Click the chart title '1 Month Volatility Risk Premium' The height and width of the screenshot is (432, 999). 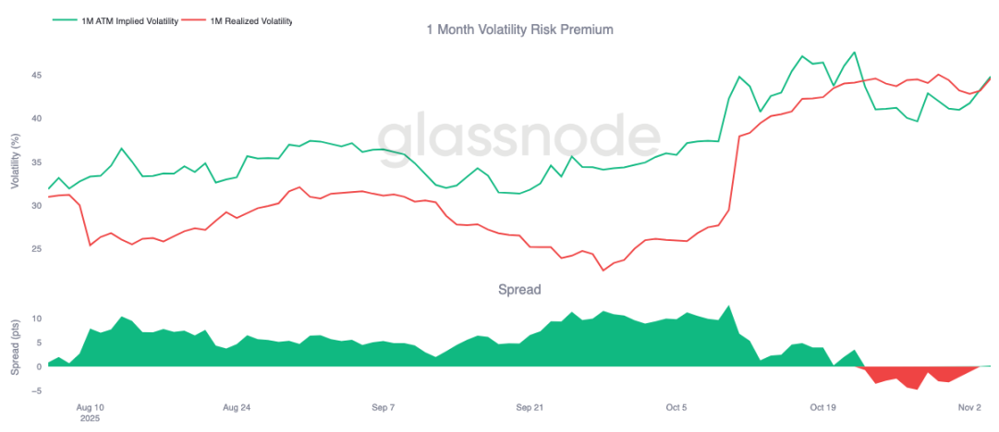519,30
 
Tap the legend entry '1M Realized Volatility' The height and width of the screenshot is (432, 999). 245,19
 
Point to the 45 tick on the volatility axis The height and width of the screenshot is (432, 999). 36,75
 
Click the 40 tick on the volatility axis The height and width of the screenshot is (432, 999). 36,118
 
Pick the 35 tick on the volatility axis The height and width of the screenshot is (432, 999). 36,162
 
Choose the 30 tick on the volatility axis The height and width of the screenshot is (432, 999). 36,206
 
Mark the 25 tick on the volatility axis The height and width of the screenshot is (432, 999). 36,249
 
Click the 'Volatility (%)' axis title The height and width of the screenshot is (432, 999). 15,162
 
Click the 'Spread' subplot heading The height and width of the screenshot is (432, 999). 519,290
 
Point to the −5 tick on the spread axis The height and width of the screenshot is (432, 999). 36,390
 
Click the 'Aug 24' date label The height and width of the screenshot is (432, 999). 238,406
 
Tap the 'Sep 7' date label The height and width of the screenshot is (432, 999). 383,406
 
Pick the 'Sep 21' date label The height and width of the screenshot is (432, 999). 530,406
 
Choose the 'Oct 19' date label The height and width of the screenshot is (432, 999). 822,406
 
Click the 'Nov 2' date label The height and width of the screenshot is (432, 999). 969,406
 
